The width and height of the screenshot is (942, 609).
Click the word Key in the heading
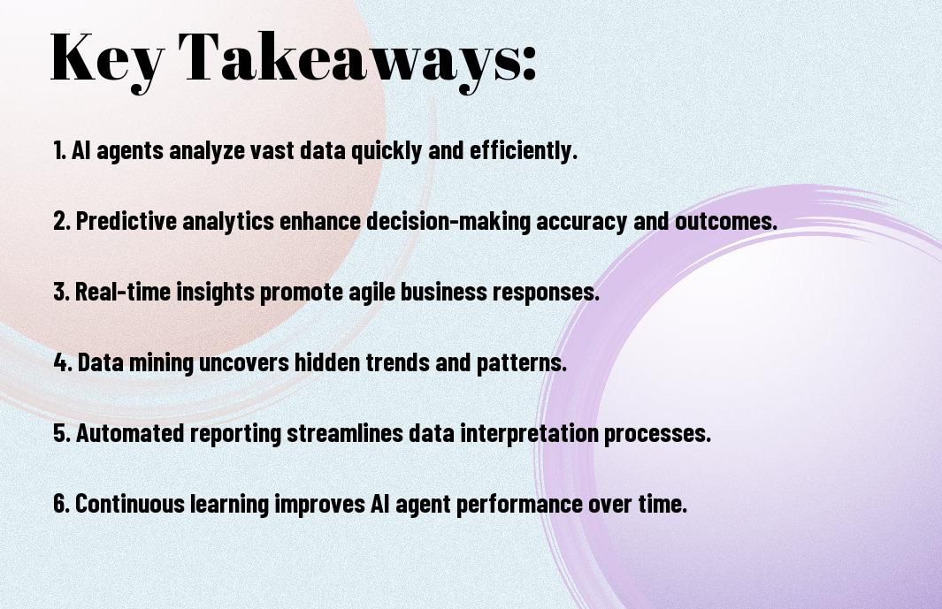(106, 59)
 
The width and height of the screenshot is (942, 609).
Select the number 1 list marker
(59, 150)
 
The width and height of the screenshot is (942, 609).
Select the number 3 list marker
(61, 292)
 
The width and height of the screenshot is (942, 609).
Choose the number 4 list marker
(63, 362)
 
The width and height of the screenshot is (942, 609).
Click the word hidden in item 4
(327, 362)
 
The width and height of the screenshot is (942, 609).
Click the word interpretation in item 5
(529, 434)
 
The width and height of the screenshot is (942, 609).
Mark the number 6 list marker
(61, 504)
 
